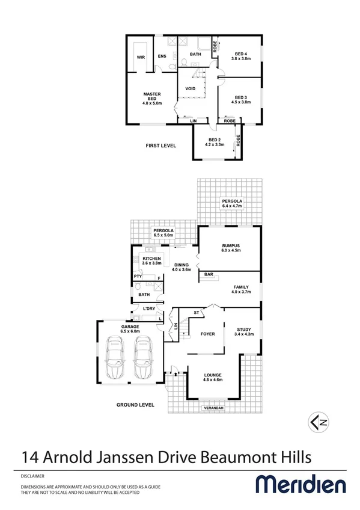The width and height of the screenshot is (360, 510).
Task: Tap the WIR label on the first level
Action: [141, 57]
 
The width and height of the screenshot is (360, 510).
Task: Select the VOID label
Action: [190, 89]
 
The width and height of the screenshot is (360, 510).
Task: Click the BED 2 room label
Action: [215, 142]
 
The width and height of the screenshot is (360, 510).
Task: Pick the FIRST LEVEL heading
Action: [160, 146]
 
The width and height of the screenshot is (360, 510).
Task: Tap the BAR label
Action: [209, 275]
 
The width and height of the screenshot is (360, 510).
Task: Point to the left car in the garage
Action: [115, 359]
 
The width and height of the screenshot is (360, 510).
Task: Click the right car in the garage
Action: [144, 359]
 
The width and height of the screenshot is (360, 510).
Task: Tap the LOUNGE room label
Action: [213, 376]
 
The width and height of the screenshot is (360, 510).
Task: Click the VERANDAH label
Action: [213, 408]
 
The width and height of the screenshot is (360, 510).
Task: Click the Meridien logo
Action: [301, 485]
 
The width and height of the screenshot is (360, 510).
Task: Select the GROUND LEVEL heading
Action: [135, 405]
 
